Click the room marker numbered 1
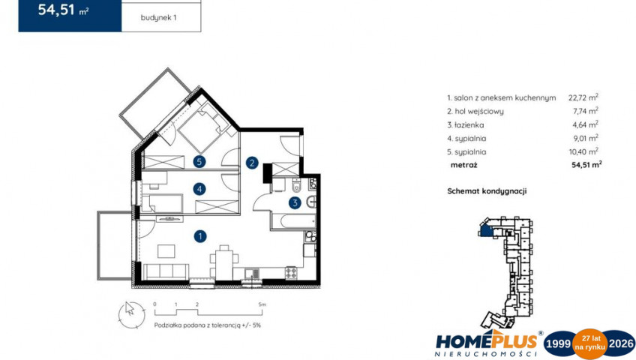[x=200, y=236]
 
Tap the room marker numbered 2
[x=252, y=163]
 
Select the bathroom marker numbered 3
[x=295, y=202]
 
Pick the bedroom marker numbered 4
[x=199, y=189]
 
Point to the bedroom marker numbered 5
[x=199, y=162]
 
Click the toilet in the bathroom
[x=296, y=186]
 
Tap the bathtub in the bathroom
[x=298, y=221]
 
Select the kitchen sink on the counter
[x=252, y=274]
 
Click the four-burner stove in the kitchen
[x=291, y=273]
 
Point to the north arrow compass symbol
[x=131, y=314]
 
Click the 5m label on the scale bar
[x=262, y=304]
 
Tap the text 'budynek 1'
[x=158, y=17]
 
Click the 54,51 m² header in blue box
[x=63, y=10]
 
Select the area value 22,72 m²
[x=583, y=97]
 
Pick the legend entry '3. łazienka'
[x=466, y=124]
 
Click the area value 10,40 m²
[x=583, y=151]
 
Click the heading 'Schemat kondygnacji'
[x=487, y=191]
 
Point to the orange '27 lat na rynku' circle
[x=589, y=343]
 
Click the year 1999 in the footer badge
[x=558, y=343]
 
